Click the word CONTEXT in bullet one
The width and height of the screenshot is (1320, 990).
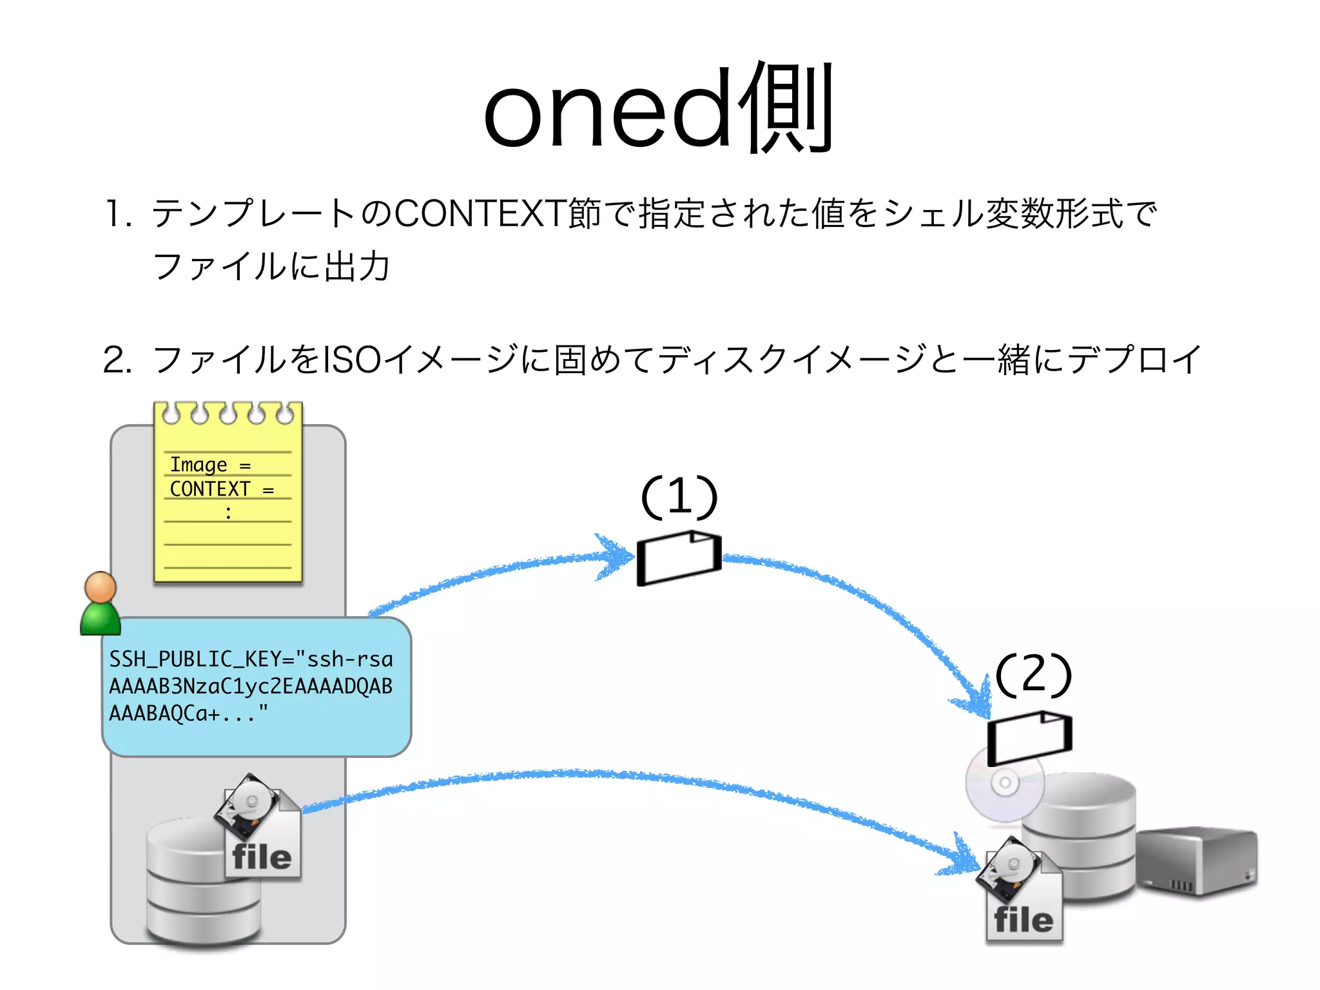(480, 214)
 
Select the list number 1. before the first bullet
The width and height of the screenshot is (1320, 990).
(119, 215)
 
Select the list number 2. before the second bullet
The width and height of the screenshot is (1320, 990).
(118, 360)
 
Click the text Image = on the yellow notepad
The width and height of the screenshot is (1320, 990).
(209, 465)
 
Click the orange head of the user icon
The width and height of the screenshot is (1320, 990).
(101, 587)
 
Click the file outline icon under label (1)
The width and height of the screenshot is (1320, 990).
(678, 558)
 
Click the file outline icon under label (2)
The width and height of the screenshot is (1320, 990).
(1029, 737)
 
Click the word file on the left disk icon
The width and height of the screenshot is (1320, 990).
(262, 858)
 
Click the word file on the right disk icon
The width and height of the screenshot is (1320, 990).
(1024, 920)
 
